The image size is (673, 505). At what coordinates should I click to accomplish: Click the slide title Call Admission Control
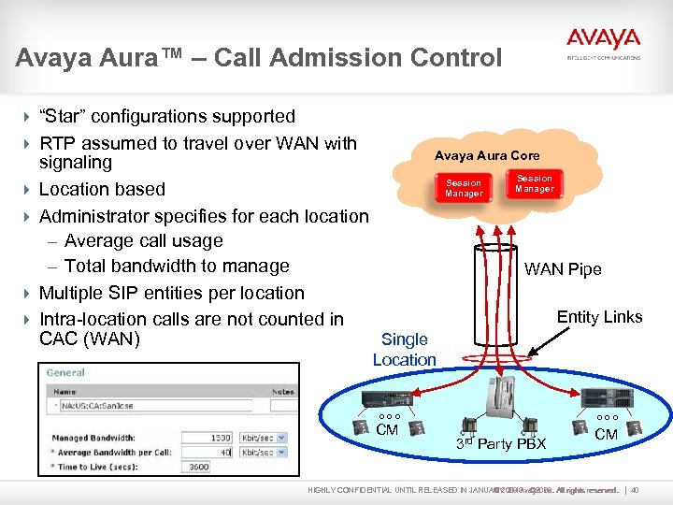pos(259,58)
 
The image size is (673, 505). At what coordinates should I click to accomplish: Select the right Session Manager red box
pos(535,183)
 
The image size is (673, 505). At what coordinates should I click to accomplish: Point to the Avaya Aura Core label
pos(487,155)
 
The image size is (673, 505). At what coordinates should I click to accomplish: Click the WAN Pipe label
pos(563,269)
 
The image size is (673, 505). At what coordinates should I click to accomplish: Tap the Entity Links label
pos(599,317)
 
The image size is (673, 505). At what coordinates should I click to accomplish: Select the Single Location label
pos(405,350)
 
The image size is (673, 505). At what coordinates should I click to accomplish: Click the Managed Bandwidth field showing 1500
pos(208,438)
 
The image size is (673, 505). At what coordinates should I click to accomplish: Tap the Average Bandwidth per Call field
pos(208,452)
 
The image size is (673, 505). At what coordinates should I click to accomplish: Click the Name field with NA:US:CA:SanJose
pos(159,406)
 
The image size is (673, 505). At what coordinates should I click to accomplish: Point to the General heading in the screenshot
pos(65,372)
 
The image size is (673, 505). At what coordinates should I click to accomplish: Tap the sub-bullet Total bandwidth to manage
pos(177,267)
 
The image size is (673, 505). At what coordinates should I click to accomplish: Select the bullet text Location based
pos(102,189)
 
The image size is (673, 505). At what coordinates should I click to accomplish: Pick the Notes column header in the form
pos(282,392)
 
